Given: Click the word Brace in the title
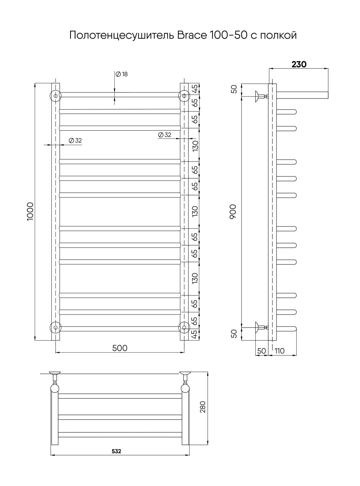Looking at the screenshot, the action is coord(192,35).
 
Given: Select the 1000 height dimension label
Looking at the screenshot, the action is coord(30,212).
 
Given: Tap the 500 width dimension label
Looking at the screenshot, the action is coord(120,348).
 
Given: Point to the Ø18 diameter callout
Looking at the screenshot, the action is coord(121,74).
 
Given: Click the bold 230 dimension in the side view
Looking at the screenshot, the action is coord(299,64).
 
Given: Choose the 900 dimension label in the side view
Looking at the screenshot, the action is coord(233,211).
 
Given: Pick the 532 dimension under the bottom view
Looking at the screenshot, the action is coord(116,451).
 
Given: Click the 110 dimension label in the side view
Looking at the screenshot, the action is coord(279,351).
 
